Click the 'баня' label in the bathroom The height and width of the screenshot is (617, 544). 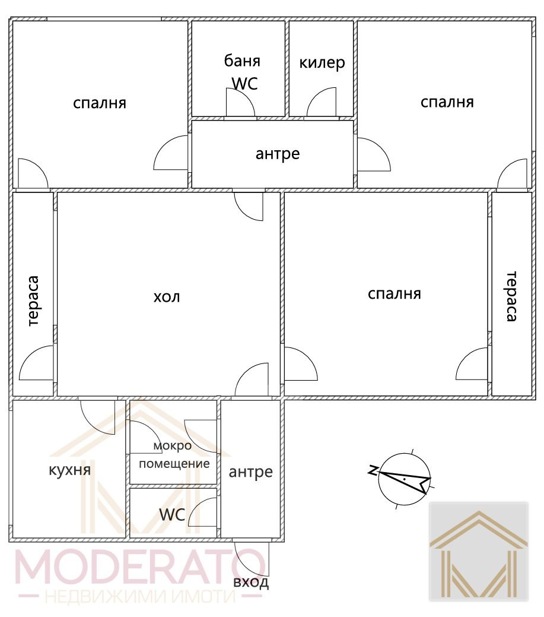coord(242,61)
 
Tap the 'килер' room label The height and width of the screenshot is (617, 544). coord(322,62)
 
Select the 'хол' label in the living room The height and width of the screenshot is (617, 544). coord(167,296)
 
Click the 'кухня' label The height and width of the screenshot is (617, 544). coord(69,470)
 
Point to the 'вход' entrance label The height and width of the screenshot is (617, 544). coord(251,582)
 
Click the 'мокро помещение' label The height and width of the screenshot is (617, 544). coord(174,455)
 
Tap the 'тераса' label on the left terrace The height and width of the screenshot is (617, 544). coord(33,301)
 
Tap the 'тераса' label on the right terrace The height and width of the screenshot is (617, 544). coord(511,296)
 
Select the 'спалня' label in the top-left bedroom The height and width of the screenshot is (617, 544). coord(100,103)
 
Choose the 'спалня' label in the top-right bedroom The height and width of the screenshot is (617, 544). coord(447,102)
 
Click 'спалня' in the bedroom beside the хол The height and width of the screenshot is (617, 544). coord(395,294)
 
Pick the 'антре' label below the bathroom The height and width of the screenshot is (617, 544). coord(278,154)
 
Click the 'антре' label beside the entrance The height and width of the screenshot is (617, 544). coord(251,472)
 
